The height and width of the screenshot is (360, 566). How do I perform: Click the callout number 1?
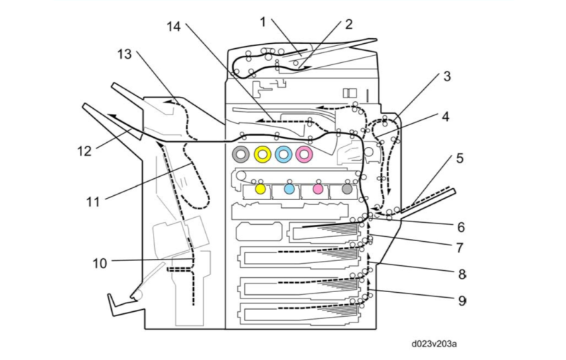pyautogui.click(x=262, y=22)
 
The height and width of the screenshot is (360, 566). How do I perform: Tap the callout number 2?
pyautogui.click(x=348, y=23)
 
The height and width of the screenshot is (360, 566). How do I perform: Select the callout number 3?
pyautogui.click(x=446, y=76)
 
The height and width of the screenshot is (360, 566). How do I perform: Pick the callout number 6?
pyautogui.click(x=460, y=227)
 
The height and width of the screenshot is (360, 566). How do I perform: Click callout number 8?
pyautogui.click(x=461, y=273)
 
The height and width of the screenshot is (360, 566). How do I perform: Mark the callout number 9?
pyautogui.click(x=461, y=300)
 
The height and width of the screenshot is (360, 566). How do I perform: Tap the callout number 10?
pyautogui.click(x=100, y=263)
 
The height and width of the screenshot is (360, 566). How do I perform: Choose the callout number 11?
pyautogui.click(x=93, y=202)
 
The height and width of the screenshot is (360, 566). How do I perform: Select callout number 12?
pyautogui.click(x=85, y=150)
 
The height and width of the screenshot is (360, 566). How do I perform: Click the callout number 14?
pyautogui.click(x=174, y=27)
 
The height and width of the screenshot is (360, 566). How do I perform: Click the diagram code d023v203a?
pyautogui.click(x=434, y=344)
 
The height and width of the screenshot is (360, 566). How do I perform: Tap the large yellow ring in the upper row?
pyautogui.click(x=263, y=153)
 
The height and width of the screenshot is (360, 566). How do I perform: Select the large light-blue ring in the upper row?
pyautogui.click(x=284, y=153)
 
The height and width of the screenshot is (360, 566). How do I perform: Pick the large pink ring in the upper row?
pyautogui.click(x=305, y=153)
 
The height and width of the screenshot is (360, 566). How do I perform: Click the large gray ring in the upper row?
pyautogui.click(x=242, y=153)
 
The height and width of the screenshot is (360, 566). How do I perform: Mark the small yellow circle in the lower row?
pyautogui.click(x=260, y=189)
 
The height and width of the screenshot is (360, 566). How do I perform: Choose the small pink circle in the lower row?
pyautogui.click(x=318, y=189)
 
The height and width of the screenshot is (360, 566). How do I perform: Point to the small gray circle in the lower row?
pyautogui.click(x=346, y=189)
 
